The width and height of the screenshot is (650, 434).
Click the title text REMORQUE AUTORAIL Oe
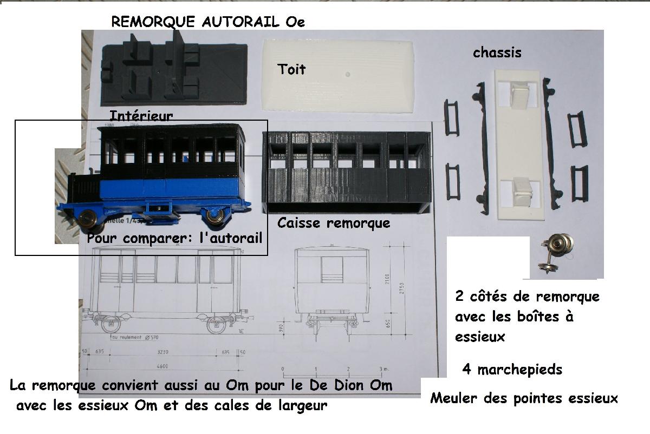point(208,22)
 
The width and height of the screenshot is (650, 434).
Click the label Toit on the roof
point(291,69)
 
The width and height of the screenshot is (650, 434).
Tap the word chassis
point(497,52)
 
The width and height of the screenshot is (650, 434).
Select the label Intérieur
point(141,116)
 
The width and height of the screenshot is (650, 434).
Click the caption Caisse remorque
point(333,223)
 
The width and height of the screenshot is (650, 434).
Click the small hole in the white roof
point(348,74)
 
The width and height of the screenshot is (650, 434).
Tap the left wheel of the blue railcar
point(88,218)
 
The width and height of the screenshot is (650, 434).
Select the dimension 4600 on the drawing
point(163,366)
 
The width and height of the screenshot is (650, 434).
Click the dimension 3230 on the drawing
point(163,352)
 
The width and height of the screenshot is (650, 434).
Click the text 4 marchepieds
point(512,370)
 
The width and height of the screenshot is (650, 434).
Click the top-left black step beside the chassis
point(451,117)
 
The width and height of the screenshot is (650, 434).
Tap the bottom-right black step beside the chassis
point(579,183)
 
